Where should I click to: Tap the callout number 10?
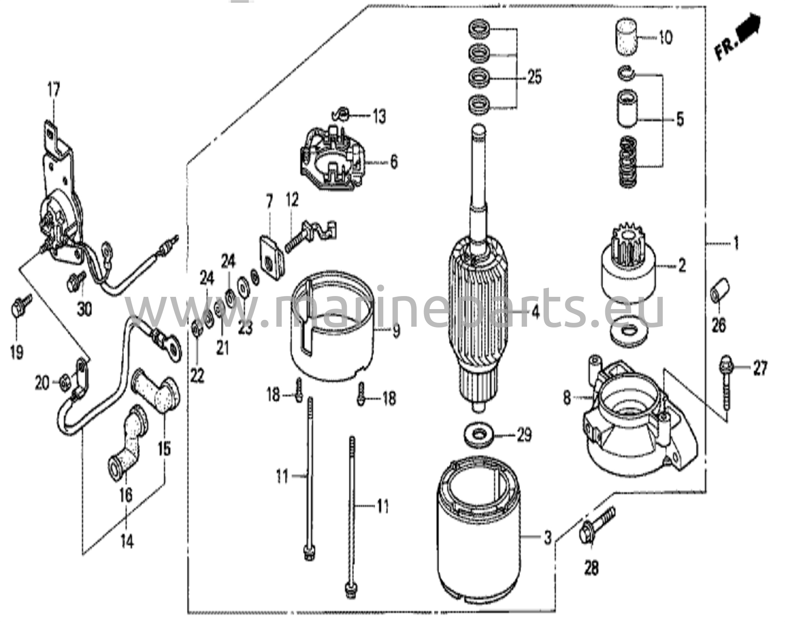click(665, 38)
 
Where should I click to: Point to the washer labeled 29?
click(479, 435)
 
